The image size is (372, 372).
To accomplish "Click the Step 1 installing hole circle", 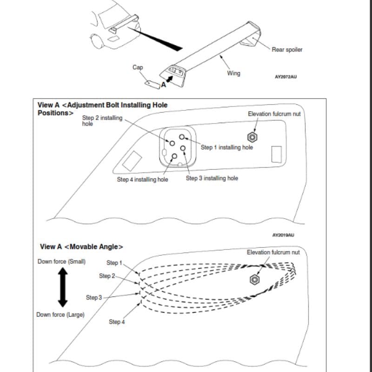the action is tap(182, 137).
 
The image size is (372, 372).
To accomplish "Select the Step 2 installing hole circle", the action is tap(172, 143).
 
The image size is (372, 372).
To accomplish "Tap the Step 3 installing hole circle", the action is tap(183, 148).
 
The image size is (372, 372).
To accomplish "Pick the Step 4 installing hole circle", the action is tap(174, 156).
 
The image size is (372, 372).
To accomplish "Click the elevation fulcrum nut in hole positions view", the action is tap(252, 137).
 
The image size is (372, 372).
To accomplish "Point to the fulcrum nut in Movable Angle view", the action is tap(254, 279).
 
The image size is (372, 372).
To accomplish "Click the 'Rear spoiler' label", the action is tap(287, 50).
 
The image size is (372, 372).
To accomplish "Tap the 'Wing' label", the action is tap(234, 73).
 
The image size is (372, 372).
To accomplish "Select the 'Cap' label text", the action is tap(138, 67).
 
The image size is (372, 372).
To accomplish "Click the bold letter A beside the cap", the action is tap(164, 85).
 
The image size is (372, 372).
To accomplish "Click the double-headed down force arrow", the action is tap(63, 287).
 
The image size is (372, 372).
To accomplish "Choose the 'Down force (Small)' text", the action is tap(62, 261).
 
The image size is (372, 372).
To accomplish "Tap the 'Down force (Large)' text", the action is tap(60, 315).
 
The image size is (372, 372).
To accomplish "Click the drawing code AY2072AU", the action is tap(286, 77).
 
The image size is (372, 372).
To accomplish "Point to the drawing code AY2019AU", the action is tap(283, 235).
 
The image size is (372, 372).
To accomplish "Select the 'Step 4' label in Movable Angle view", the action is tap(117, 322).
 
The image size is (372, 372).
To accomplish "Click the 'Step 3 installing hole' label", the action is tap(212, 178).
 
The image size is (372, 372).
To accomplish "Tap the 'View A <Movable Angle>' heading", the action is tap(81, 247).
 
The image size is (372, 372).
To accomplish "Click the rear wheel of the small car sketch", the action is tap(97, 41).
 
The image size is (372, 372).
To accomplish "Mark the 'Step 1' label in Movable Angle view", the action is tap(114, 263).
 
